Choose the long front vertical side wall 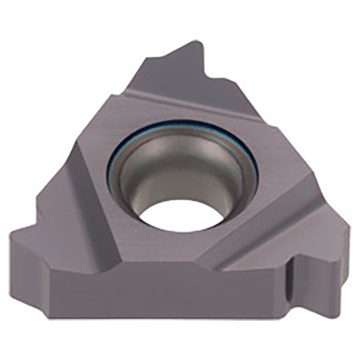(x=169, y=292)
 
